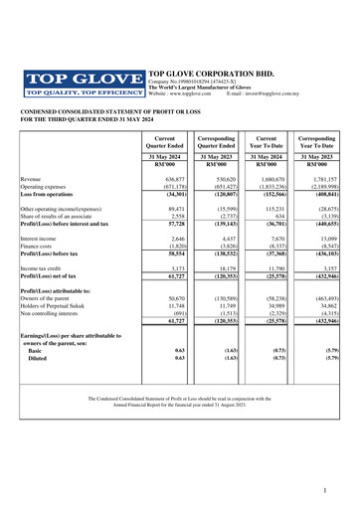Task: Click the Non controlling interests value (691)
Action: (179, 313)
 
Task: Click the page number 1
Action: (338, 492)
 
